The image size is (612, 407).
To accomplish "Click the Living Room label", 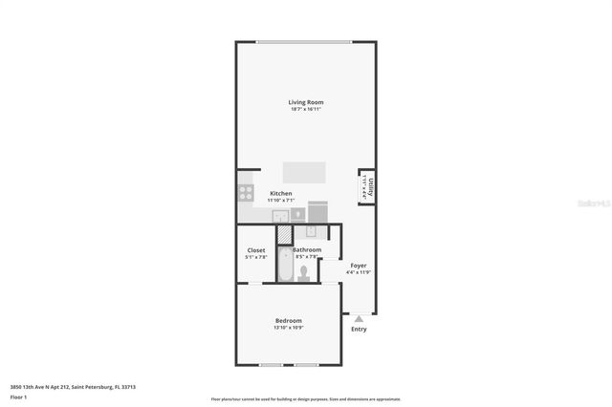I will pyautogui.click(x=306, y=102).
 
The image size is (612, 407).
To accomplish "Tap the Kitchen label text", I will pyautogui.click(x=280, y=193).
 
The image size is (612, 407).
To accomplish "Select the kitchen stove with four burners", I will pyautogui.click(x=246, y=193).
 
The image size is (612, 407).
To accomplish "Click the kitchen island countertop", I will pyautogui.click(x=303, y=172).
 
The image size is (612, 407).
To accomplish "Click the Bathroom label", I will pyautogui.click(x=307, y=250).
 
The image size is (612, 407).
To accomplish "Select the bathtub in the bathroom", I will pyautogui.click(x=284, y=266).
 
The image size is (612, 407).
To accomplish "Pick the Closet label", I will pyautogui.click(x=256, y=250).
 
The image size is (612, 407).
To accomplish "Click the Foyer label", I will pyautogui.click(x=358, y=266).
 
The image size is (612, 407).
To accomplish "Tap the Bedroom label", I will pyautogui.click(x=289, y=320).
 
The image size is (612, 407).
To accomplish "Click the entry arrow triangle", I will pyautogui.click(x=358, y=319).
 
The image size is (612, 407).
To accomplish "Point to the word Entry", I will pyautogui.click(x=359, y=330).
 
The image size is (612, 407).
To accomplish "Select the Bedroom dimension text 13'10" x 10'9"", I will pyautogui.click(x=289, y=328).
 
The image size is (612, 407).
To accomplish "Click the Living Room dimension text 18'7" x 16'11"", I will pyautogui.click(x=306, y=109).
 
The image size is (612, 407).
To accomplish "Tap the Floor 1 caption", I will pyautogui.click(x=18, y=396).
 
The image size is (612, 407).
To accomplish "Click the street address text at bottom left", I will pyautogui.click(x=72, y=387).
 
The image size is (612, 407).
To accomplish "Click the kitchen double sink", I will pyautogui.click(x=280, y=216).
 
